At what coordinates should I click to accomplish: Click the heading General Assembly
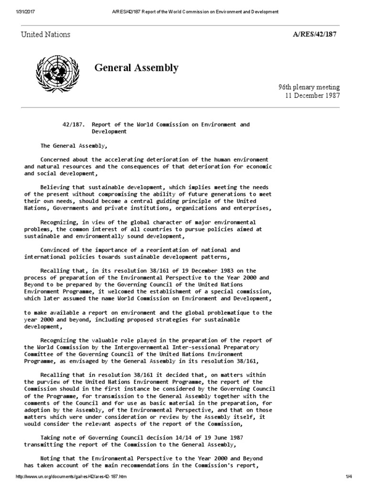click(x=137, y=68)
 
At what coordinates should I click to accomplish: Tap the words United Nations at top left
click(x=45, y=34)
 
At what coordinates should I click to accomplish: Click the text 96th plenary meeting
click(x=309, y=87)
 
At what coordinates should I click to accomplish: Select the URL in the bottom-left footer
click(x=72, y=477)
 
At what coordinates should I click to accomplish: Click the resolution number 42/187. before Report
click(x=73, y=125)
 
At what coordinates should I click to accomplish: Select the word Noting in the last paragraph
click(x=50, y=458)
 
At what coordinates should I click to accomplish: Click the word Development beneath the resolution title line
click(x=108, y=131)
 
